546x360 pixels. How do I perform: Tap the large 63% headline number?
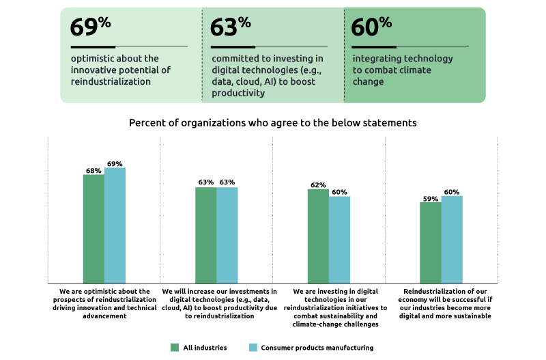pos(230,27)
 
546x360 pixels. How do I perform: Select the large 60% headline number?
pos(371,27)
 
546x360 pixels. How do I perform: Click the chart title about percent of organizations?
pos(273,124)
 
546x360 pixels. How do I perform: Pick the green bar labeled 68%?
pos(94,229)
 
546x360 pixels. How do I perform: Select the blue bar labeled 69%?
pos(115,225)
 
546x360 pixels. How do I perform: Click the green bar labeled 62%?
pos(318,236)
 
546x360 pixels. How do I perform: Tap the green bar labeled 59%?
pos(431,243)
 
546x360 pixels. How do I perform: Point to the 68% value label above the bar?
pos(94,171)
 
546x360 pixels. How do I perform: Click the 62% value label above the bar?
pos(318,185)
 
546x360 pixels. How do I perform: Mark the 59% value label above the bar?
pos(430,198)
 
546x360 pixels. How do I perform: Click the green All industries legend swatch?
pos(174,348)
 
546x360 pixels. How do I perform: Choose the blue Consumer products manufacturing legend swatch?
pos(253,348)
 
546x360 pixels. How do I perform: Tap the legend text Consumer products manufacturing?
pos(317,348)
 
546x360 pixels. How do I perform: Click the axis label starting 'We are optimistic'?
pos(104,303)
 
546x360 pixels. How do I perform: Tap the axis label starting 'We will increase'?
pos(216,303)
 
